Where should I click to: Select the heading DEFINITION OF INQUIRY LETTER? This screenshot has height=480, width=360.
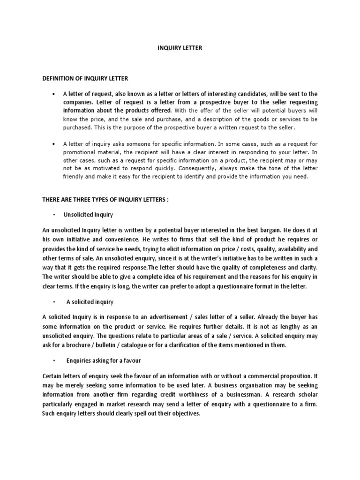[x=85, y=78]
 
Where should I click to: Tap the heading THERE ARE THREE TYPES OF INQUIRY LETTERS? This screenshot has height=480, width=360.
[x=105, y=200]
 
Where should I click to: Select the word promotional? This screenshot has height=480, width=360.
[x=79, y=152]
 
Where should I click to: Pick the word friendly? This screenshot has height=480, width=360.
[x=74, y=176]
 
